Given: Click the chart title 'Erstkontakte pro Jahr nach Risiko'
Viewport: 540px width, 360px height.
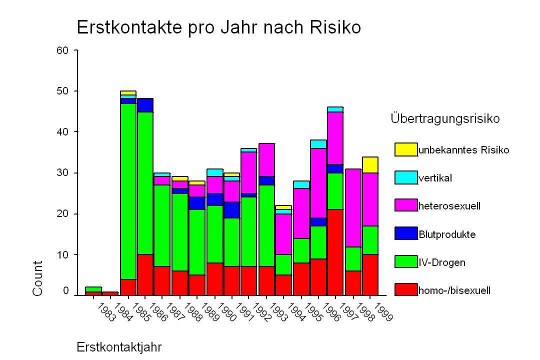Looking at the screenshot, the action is (x=218, y=27).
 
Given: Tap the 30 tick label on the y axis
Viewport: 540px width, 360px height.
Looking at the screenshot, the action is (x=62, y=173).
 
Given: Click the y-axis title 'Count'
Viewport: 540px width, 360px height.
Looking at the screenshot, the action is (x=37, y=278).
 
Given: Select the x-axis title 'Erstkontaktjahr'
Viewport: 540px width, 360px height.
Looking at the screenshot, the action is (x=119, y=347).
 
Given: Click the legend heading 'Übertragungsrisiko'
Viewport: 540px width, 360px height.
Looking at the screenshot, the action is (x=445, y=119).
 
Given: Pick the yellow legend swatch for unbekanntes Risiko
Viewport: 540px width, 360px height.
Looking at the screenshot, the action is (x=406, y=149).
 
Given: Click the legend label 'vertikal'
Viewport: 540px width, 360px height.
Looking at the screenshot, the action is (x=435, y=178).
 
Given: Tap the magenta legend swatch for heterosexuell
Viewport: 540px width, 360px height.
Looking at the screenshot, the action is (x=406, y=205).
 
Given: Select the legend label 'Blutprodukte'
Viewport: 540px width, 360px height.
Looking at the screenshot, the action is (x=447, y=234).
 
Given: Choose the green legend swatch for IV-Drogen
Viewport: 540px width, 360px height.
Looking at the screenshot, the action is (x=406, y=262).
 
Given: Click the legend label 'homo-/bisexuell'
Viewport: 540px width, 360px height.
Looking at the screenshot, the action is (x=454, y=290).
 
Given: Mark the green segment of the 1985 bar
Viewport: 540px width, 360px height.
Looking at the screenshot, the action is (x=128, y=191).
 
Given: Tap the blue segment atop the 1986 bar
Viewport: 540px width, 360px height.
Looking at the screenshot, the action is (x=145, y=105).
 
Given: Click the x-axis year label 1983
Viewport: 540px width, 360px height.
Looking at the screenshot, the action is (x=106, y=312).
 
